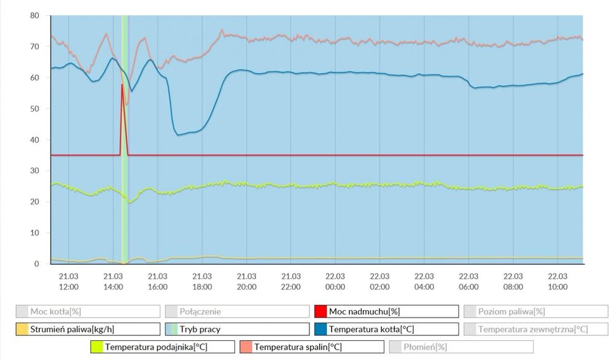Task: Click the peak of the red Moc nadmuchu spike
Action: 122,84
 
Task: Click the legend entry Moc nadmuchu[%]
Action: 386,311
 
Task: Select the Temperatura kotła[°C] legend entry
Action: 386,329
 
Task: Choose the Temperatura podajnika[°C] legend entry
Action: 162,347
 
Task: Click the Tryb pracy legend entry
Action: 236,329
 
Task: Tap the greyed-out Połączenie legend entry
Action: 236,311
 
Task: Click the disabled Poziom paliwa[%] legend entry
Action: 535,311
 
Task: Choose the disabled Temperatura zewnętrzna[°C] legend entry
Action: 535,329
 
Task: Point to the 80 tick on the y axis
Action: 34,15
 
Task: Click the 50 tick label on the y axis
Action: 34,109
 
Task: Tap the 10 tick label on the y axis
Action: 34,233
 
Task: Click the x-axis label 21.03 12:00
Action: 69,282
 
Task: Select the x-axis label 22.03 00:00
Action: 335,282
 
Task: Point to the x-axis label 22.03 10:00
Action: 558,282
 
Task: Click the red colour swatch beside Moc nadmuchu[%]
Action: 320,311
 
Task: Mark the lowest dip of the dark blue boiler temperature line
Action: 178,135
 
